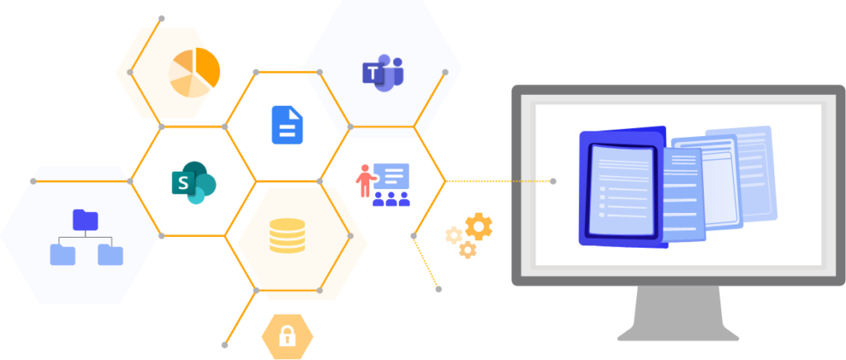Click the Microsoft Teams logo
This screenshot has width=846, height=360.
coord(383,73)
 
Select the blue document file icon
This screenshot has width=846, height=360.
coord(288,126)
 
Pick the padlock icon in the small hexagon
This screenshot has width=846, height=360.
coord(288,336)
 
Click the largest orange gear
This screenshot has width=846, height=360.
coord(478,225)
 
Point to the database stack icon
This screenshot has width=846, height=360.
coord(287,236)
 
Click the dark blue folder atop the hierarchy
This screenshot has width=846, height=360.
coord(85,219)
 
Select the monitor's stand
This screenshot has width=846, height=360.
coord(677,314)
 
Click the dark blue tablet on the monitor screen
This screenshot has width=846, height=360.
coord(621,188)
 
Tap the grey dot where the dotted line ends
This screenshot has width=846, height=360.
coord(553,181)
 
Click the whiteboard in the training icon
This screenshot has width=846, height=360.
coord(392,176)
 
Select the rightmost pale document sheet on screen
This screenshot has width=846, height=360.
coord(749,169)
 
